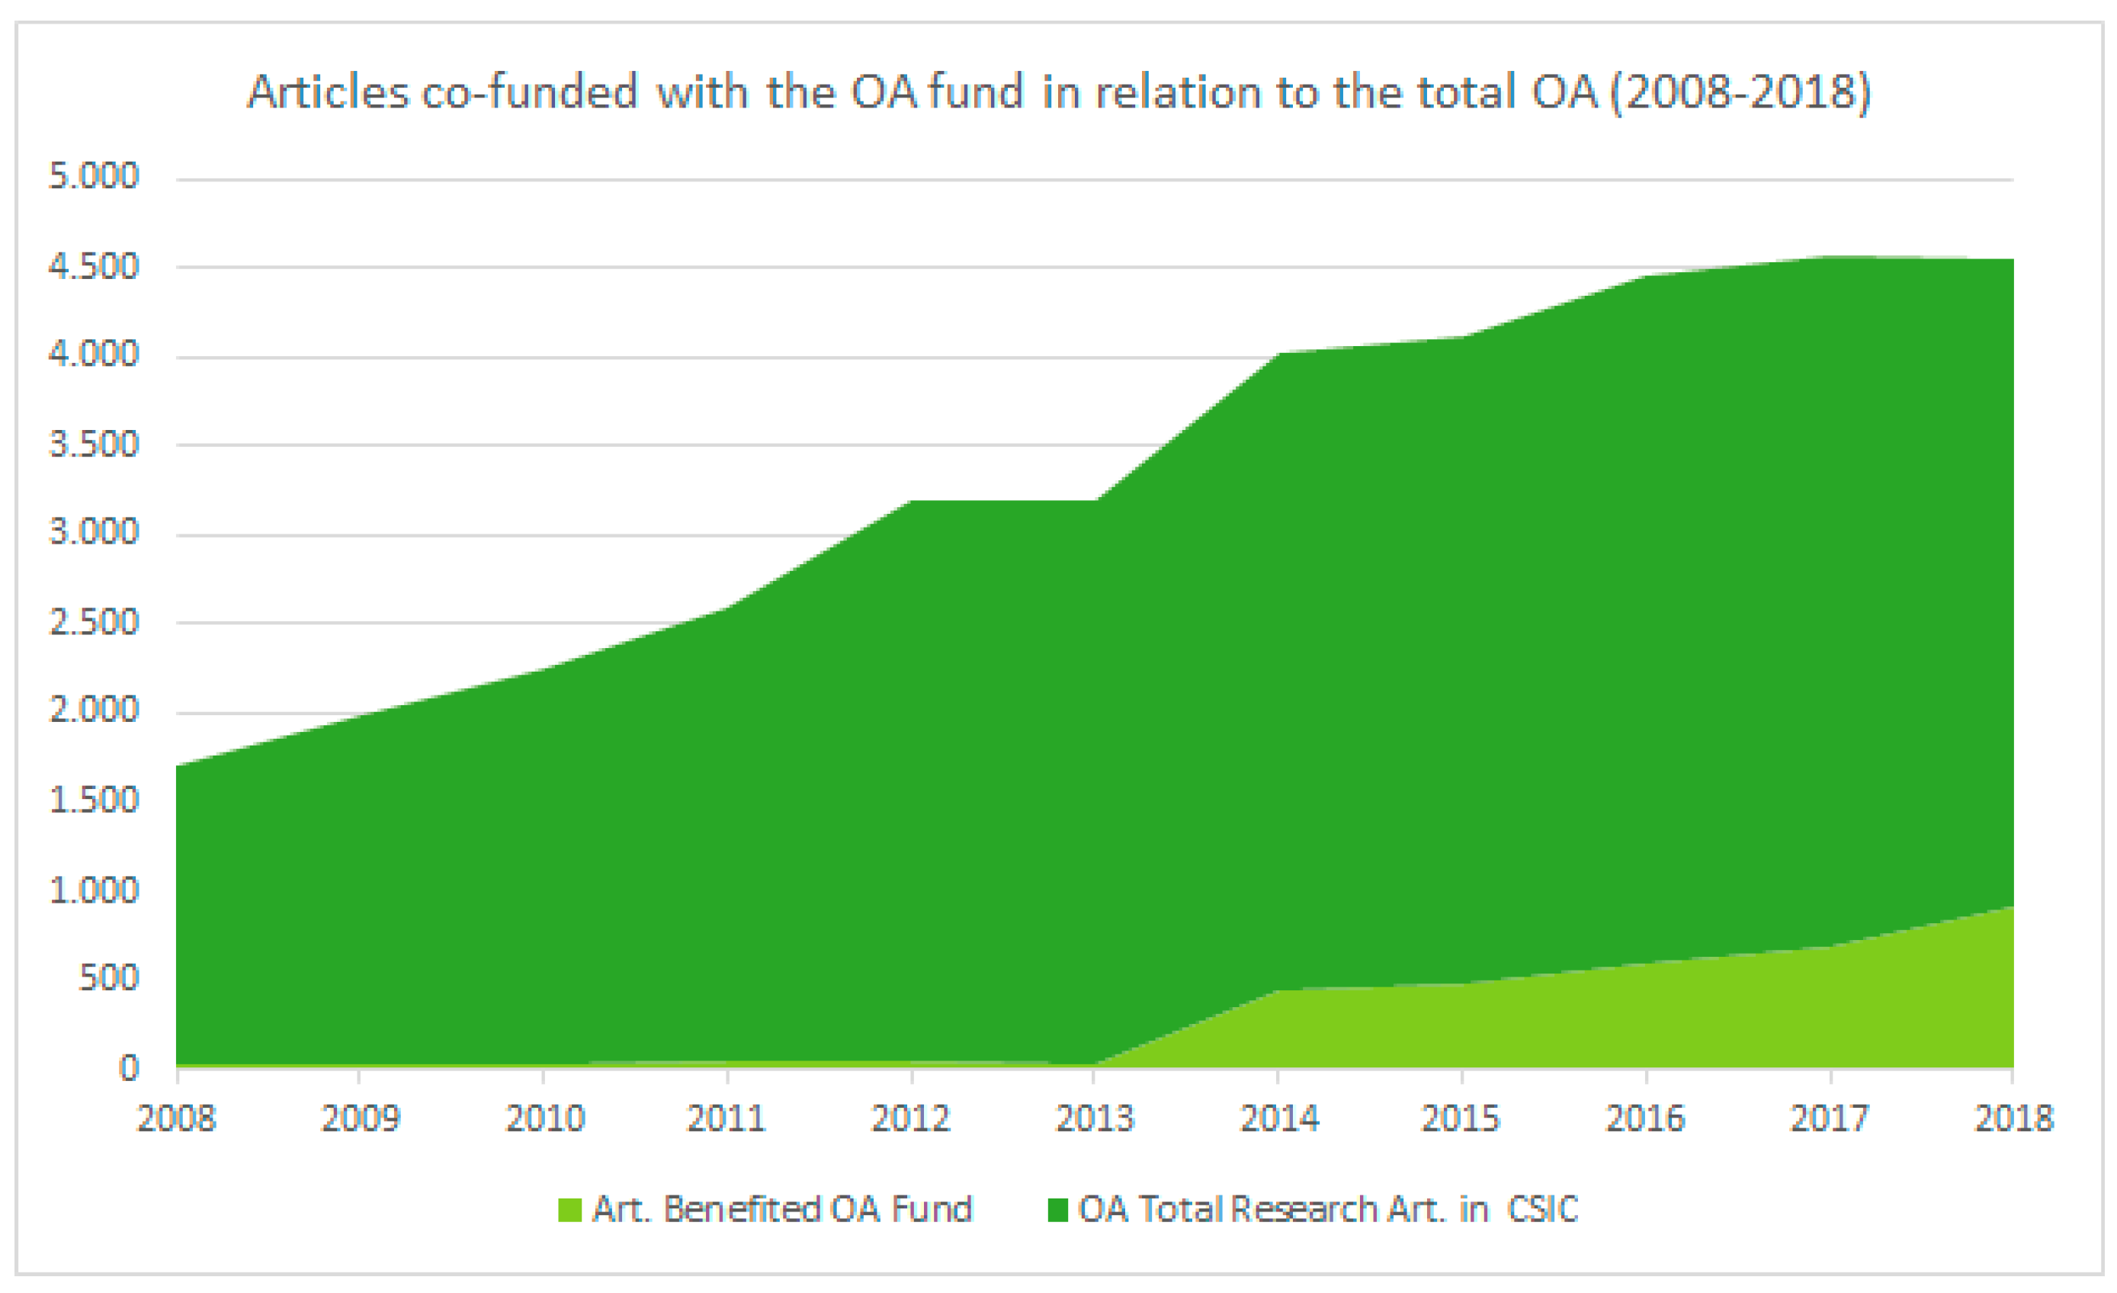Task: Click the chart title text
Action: coord(1058,92)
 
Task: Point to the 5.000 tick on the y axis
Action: coord(94,176)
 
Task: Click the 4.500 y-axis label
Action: coord(94,266)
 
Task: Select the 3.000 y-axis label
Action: coord(94,532)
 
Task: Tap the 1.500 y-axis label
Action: coord(94,800)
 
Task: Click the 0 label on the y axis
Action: coord(128,1068)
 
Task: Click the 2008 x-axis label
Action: coord(176,1118)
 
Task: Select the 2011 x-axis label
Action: coord(726,1118)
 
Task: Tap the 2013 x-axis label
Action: coord(1095,1118)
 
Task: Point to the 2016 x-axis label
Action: coord(1645,1118)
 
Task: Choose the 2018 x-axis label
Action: coord(2013,1118)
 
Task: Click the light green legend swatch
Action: coord(569,1210)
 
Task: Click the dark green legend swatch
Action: coord(1057,1210)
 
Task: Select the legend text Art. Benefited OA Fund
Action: coord(783,1209)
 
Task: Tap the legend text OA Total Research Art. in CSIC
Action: coord(1328,1209)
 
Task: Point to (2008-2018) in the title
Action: coord(1740,93)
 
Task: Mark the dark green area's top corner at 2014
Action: coord(1279,353)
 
